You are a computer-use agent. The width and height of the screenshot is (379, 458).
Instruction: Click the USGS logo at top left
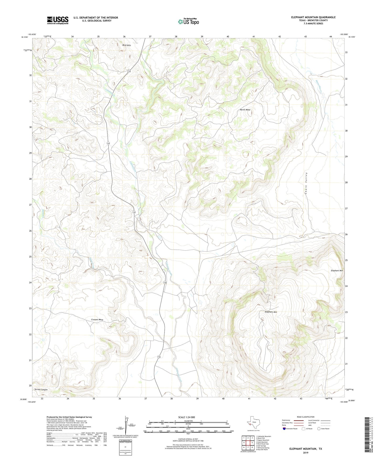click(58, 20)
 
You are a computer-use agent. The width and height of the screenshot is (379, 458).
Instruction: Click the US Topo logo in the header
click(188, 22)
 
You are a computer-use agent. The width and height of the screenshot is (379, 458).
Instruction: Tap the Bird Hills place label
click(126, 45)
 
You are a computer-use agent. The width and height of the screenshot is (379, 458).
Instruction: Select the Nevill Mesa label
click(245, 110)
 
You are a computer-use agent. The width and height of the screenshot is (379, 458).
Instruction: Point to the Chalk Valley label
click(306, 184)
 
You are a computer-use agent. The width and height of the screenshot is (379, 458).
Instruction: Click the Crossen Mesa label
click(97, 319)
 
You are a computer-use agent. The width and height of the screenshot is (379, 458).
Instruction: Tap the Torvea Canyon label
click(41, 390)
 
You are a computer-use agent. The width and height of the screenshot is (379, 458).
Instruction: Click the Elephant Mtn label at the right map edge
click(337, 270)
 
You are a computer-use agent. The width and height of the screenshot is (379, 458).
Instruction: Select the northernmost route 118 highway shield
click(129, 71)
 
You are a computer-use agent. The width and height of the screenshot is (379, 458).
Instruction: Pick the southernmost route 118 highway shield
click(159, 357)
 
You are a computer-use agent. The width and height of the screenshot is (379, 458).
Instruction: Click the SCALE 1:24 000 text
click(186, 417)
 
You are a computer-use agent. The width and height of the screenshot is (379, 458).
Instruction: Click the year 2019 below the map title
click(306, 452)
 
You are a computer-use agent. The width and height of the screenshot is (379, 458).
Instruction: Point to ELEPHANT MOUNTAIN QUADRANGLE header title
click(313, 17)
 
